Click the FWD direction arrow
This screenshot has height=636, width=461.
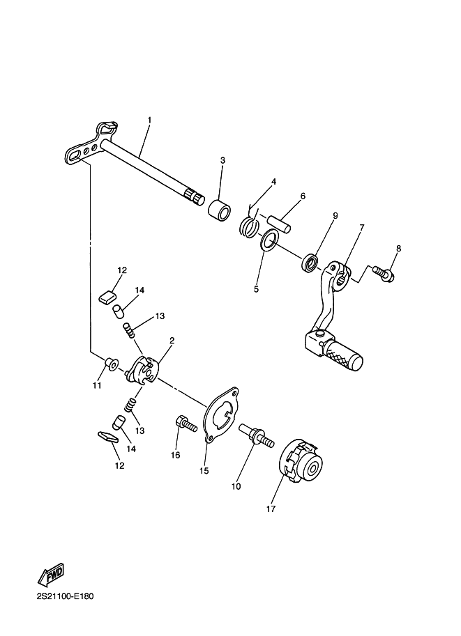click(51, 575)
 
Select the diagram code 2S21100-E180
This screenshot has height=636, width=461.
click(65, 596)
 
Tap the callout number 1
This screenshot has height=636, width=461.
click(149, 120)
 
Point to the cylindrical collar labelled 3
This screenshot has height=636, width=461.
click(220, 210)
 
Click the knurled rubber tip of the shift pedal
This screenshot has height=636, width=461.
click(344, 354)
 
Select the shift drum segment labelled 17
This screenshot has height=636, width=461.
click(303, 461)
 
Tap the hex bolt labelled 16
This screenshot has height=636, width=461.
click(186, 424)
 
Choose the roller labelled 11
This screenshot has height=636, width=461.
click(112, 364)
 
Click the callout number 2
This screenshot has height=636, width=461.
click(172, 341)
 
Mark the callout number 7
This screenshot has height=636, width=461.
click(361, 228)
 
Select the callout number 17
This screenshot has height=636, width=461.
click(271, 509)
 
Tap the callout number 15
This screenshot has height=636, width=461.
click(204, 470)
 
